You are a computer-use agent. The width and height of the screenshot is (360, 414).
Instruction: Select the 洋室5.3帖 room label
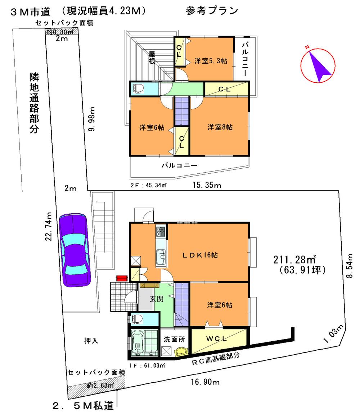pyautogui.click(x=211, y=61)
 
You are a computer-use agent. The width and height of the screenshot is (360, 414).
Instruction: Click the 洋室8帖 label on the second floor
pyautogui.click(x=220, y=127)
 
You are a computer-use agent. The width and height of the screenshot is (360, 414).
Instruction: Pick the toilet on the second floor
pyautogui.click(x=139, y=88)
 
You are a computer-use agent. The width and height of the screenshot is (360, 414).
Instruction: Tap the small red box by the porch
pyautogui.click(x=122, y=278)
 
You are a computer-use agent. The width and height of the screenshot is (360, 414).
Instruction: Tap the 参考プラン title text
pyautogui.click(x=212, y=11)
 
